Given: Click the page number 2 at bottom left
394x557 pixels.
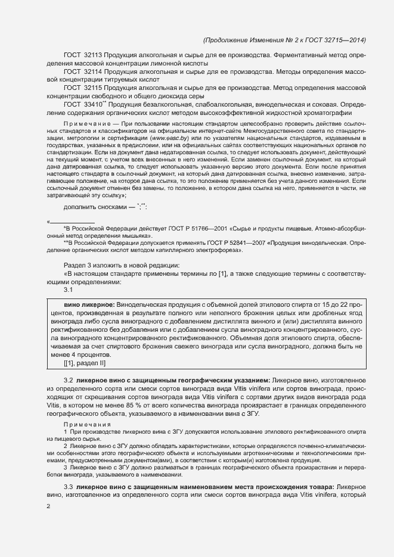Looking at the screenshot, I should (x=48, y=506).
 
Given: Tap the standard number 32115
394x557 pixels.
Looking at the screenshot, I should (x=94, y=88).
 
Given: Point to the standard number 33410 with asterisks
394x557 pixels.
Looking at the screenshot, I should (x=95, y=104).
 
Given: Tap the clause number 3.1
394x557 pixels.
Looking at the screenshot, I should (x=68, y=290).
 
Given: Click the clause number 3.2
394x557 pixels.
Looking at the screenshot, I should (x=68, y=380).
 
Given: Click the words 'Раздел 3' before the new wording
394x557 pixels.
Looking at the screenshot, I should (x=76, y=265).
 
